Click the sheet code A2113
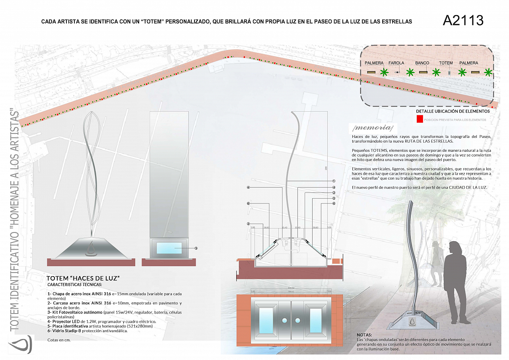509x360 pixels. point(463,20)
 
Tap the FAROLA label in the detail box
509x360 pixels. point(396,63)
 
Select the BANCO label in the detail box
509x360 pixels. point(422,63)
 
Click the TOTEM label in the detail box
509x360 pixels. point(446,63)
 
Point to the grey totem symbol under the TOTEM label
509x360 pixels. point(449,73)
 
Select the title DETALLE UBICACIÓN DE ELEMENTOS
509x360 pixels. point(453,111)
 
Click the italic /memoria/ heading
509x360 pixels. point(372,128)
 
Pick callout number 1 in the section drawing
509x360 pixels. point(334,181)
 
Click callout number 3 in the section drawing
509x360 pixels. point(248,224)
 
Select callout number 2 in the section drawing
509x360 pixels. point(334,193)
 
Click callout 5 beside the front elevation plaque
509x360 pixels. point(196,248)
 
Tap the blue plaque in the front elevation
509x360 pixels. point(169,248)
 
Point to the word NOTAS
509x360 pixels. point(364,335)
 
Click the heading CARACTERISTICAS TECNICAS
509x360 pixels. point(74,285)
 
